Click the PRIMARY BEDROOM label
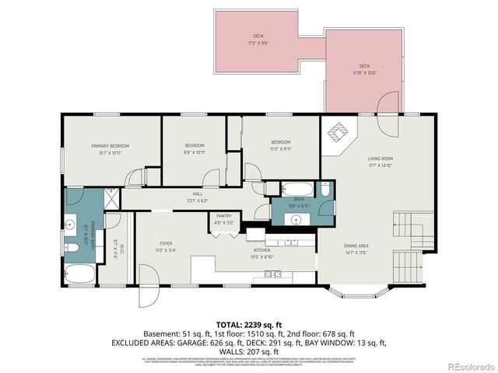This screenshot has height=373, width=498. click(110, 146)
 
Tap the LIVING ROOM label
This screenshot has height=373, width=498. click(381, 159)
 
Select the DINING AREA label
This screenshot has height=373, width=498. click(356, 246)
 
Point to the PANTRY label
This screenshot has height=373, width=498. click(224, 216)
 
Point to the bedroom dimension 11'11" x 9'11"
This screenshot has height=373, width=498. click(280, 148)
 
